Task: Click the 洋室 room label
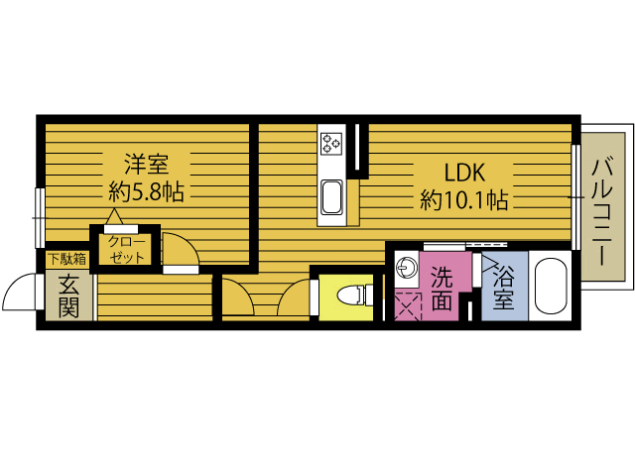[146, 164]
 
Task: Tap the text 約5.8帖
[146, 191]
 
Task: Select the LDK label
[464, 173]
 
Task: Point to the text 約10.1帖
[464, 199]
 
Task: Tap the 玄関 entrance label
[68, 297]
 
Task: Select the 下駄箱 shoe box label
[67, 259]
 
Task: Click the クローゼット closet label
[126, 250]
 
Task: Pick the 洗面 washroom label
[442, 288]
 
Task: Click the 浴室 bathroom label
[503, 288]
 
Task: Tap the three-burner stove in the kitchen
[331, 144]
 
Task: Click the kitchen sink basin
[331, 197]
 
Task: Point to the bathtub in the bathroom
[550, 287]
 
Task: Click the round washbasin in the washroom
[405, 267]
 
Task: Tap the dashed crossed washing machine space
[408, 306]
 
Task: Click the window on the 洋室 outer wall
[40, 218]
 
